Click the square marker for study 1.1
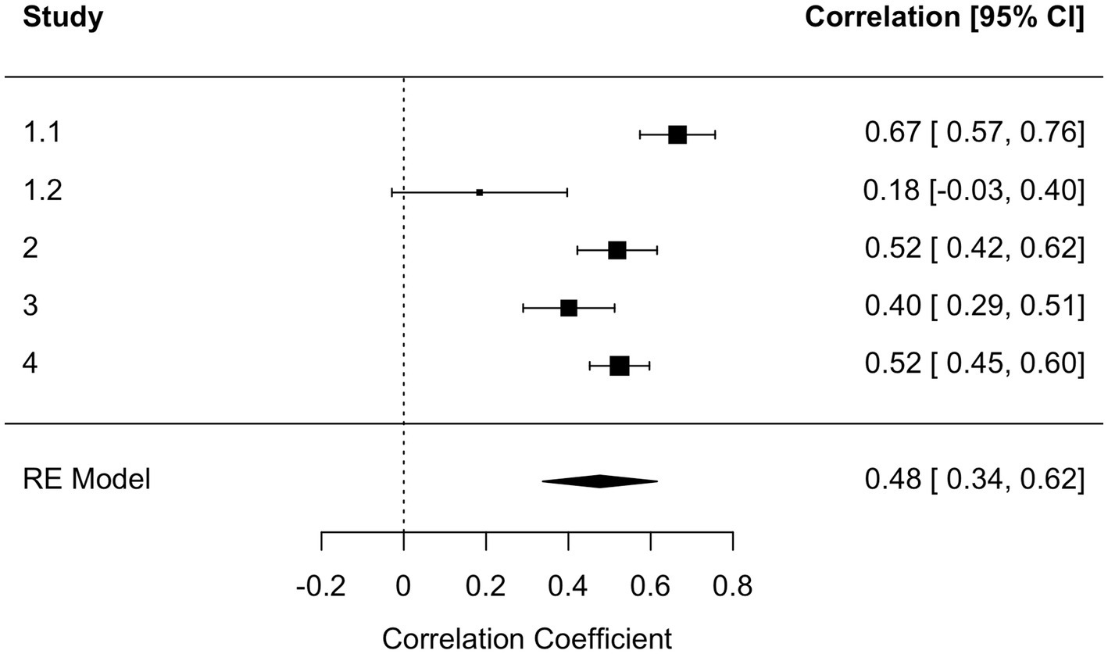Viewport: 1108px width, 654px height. coord(677,134)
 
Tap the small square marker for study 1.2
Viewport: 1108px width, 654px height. coord(479,192)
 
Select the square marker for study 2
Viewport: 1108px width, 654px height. coord(617,250)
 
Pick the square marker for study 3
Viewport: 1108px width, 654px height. coord(569,308)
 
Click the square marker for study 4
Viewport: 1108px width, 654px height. coord(619,366)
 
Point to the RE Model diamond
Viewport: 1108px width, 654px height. coord(599,481)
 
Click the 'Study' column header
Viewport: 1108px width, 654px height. coord(63,18)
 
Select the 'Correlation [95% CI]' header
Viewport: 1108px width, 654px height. coord(945,18)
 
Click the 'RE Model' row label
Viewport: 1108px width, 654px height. coord(86,479)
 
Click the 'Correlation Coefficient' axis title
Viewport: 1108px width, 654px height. coord(527,638)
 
